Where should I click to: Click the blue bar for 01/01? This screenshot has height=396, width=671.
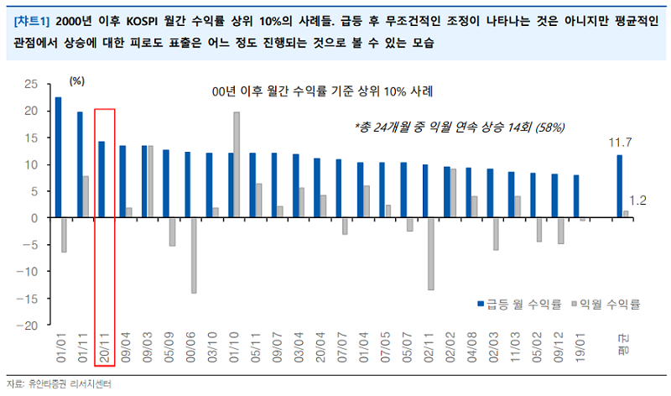(58, 158)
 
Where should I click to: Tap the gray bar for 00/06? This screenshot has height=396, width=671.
(193, 255)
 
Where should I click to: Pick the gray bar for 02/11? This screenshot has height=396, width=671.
(431, 253)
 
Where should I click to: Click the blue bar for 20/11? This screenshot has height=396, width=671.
(101, 180)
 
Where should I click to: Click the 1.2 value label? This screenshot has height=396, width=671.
(637, 200)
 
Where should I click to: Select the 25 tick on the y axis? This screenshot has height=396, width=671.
(32, 84)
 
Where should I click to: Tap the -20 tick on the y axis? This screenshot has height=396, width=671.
(29, 325)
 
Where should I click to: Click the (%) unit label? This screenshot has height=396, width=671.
(77, 81)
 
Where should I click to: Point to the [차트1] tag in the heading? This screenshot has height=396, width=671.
(32, 19)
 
